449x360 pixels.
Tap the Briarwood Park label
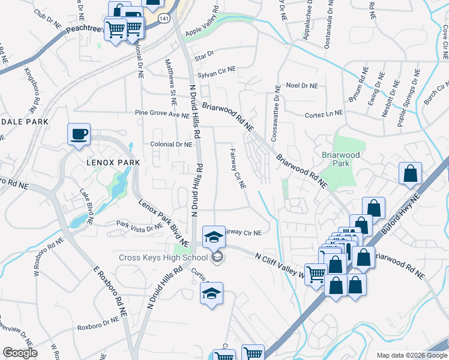[340, 158]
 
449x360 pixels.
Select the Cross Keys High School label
[162, 258]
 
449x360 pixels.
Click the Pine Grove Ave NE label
[162, 113]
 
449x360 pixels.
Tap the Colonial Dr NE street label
[171, 145]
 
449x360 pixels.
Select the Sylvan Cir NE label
[217, 70]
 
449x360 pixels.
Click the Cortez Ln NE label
[324, 113]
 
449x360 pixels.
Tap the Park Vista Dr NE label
[140, 224]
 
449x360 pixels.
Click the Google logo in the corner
[20, 353]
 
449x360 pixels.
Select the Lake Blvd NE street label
[86, 204]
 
